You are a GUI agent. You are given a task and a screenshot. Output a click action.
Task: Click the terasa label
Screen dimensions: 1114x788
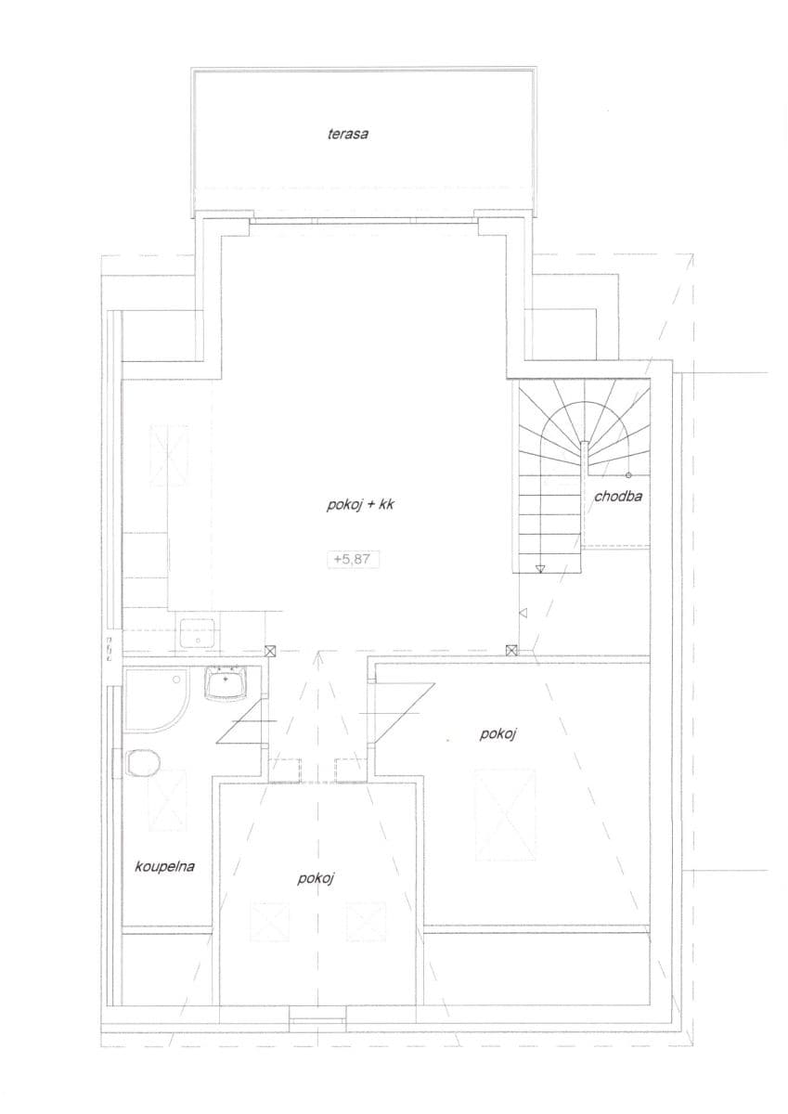pos(348,134)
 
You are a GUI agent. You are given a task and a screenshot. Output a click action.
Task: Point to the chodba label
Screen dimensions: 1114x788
pos(618,496)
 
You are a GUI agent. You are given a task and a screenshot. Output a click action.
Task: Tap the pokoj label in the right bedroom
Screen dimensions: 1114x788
pos(497,734)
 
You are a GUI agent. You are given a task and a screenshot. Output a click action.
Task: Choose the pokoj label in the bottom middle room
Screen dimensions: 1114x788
pos(316,878)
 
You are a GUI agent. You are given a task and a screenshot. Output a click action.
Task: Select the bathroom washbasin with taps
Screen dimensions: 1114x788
pos(226,683)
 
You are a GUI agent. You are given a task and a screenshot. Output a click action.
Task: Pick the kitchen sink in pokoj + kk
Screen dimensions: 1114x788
pos(199,634)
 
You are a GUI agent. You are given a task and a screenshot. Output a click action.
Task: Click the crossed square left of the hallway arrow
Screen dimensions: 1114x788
pos(269,652)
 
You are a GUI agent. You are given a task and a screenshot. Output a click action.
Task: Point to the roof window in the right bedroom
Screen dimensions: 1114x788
pos(506,814)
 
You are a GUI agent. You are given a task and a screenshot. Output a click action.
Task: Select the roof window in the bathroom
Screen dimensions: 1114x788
pos(168,800)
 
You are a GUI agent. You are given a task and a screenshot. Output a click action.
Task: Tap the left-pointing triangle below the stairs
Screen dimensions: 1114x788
pos(523,613)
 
